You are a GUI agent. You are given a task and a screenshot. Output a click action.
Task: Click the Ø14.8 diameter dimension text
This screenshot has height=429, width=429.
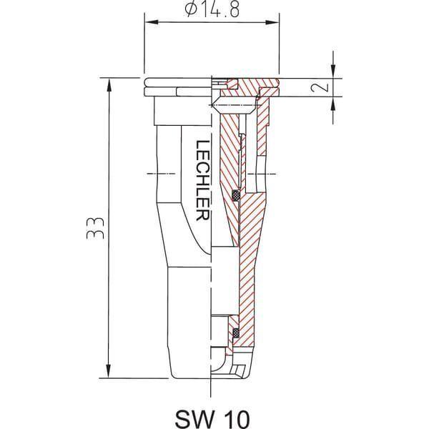[212, 9]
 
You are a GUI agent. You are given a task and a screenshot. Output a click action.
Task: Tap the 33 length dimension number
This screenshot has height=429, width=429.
[95, 229]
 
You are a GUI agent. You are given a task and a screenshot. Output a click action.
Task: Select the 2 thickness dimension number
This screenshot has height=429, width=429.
[320, 87]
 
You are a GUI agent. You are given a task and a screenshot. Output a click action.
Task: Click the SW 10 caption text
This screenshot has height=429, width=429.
[212, 418]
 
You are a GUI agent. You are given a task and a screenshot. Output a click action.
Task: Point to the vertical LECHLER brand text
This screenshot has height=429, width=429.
[203, 180]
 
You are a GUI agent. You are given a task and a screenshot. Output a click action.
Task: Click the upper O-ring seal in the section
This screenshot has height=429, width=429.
[236, 195]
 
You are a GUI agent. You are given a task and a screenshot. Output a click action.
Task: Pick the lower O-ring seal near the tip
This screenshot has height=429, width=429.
[236, 333]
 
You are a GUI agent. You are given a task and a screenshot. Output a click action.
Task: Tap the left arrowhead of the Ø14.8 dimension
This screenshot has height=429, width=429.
[152, 22]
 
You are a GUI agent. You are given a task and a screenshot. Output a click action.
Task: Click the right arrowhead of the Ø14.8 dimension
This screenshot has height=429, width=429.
[272, 22]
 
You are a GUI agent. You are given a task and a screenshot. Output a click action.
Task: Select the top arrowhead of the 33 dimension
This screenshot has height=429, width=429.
[109, 85]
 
